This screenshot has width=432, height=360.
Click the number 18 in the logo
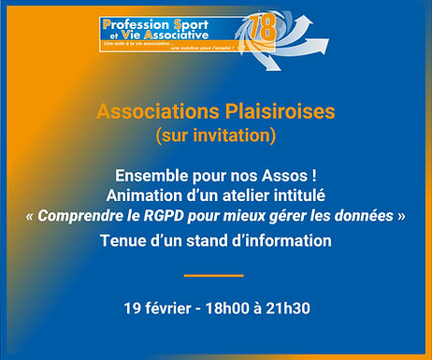pyautogui.click(x=263, y=29)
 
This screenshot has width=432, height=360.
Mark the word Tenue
pyautogui.click(x=123, y=241)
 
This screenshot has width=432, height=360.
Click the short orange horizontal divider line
pyautogui.click(x=213, y=275)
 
